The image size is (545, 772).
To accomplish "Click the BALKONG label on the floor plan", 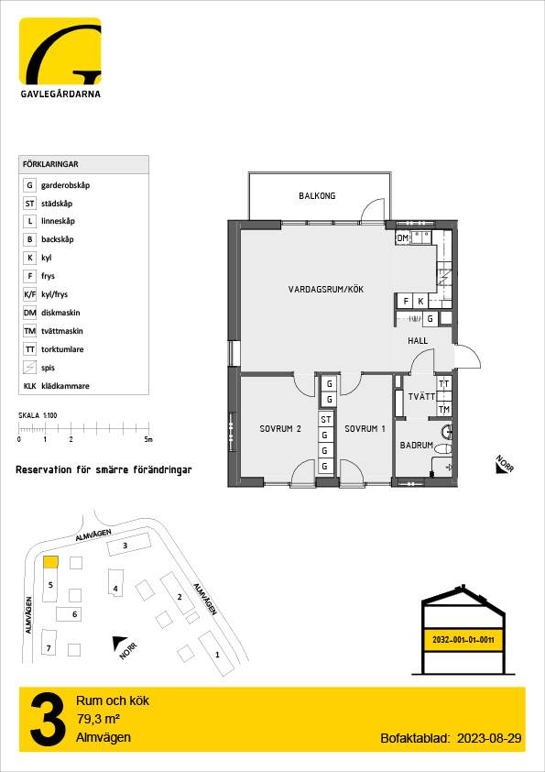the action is (317, 196).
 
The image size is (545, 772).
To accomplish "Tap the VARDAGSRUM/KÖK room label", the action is (326, 290).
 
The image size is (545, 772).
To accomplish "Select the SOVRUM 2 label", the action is (280, 429).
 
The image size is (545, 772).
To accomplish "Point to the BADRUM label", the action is (417, 445).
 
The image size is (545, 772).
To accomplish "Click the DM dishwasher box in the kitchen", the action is (402, 238).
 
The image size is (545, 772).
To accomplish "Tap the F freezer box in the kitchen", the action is (407, 302).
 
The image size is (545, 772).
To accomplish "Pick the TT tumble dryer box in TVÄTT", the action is (444, 384).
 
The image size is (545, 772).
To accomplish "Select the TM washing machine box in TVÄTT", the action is (444, 410).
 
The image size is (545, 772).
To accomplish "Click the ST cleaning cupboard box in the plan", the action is (325, 420).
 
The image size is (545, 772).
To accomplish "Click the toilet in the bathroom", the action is (443, 448).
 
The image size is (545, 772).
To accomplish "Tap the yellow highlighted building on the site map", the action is (50, 562).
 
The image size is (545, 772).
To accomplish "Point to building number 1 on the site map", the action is (217, 654).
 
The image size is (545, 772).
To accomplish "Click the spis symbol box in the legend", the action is (30, 368).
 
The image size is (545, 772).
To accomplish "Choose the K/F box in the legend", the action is (30, 294).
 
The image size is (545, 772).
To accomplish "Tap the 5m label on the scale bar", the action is (148, 439).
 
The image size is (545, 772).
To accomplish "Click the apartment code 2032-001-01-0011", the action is (463, 641).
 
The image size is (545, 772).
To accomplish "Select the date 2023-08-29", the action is (489, 738).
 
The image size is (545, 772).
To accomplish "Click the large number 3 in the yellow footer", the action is (48, 721).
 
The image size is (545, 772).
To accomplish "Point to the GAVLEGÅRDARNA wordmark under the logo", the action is (60, 94).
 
